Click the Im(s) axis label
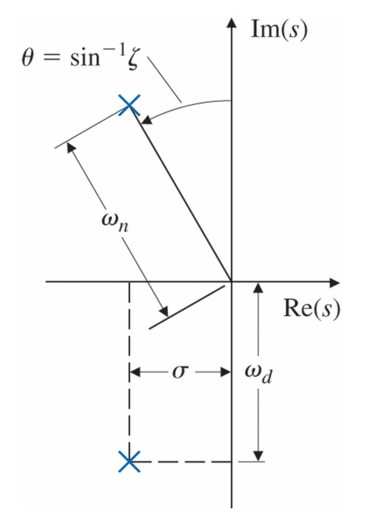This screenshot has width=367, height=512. [279, 30]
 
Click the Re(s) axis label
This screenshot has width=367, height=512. [312, 309]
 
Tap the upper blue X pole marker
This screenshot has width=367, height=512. [129, 105]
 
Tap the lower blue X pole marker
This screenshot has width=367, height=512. [129, 462]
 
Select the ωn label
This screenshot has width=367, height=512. [115, 222]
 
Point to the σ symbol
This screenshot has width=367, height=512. [181, 371]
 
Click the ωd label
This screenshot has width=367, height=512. [258, 374]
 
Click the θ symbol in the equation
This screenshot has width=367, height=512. [27, 58]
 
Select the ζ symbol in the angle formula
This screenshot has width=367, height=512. [133, 60]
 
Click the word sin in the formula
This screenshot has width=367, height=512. [85, 58]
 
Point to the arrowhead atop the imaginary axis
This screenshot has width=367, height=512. [232, 22]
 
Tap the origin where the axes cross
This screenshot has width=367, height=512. [232, 281]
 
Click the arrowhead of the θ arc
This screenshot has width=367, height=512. [147, 120]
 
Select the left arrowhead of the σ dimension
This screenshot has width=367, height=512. [135, 372]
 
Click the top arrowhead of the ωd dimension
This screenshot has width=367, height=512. [258, 288]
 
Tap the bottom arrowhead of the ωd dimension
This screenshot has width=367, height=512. [258, 456]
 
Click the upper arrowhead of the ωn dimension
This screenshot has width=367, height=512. [71, 148]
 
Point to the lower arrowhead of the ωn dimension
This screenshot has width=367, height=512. [164, 311]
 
